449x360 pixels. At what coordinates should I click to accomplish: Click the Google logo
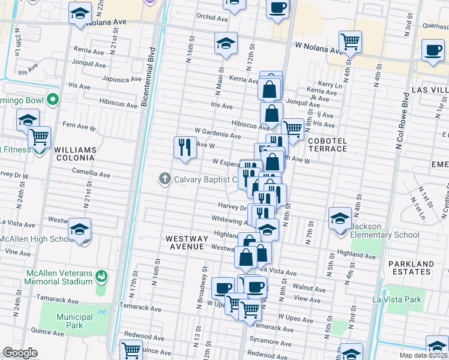20,353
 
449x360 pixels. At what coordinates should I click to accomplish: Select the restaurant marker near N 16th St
185,147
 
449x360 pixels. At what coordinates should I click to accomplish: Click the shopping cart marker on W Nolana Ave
349,43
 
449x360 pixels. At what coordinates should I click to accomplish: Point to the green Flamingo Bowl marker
53,100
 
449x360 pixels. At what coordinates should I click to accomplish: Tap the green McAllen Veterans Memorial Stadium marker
102,277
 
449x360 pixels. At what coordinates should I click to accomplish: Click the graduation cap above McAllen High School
79,229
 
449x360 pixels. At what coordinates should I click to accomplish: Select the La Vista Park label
397,299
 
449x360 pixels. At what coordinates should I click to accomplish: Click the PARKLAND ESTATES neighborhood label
410,268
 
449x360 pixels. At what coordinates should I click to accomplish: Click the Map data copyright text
422,355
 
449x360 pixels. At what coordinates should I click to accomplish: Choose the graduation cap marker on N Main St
226,43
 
